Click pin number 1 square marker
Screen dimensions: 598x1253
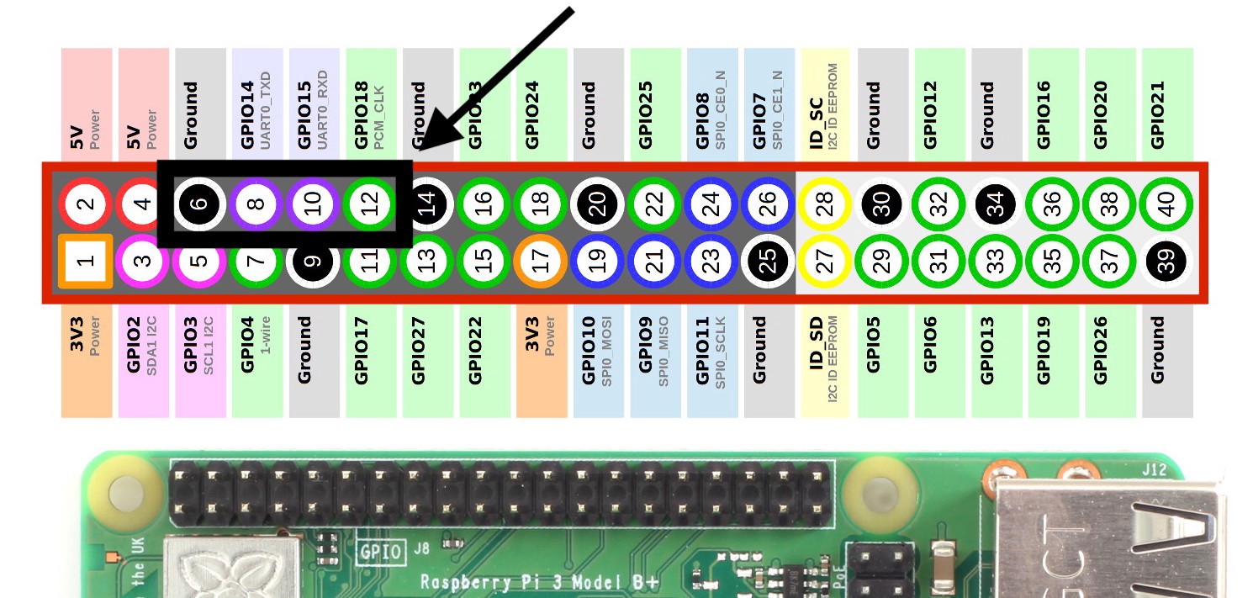pos(86,262)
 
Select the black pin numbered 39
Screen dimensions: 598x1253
pos(1167,262)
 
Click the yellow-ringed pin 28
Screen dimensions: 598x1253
pos(825,204)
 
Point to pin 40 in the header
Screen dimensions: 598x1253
pos(1167,204)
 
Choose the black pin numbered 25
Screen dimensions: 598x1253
pos(769,262)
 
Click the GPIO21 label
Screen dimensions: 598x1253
pos(1159,114)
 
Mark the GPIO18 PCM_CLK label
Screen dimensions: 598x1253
pos(371,114)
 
